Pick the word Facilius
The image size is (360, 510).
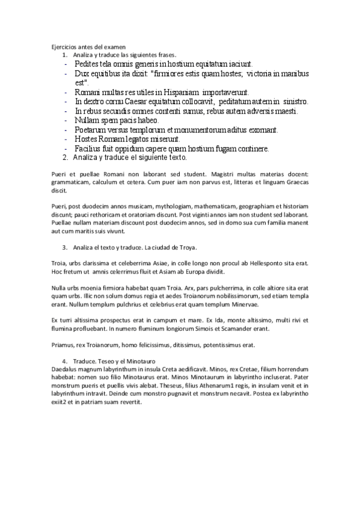[x=90, y=149]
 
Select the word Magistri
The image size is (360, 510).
[x=245, y=176]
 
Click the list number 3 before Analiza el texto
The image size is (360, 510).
[x=64, y=248]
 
